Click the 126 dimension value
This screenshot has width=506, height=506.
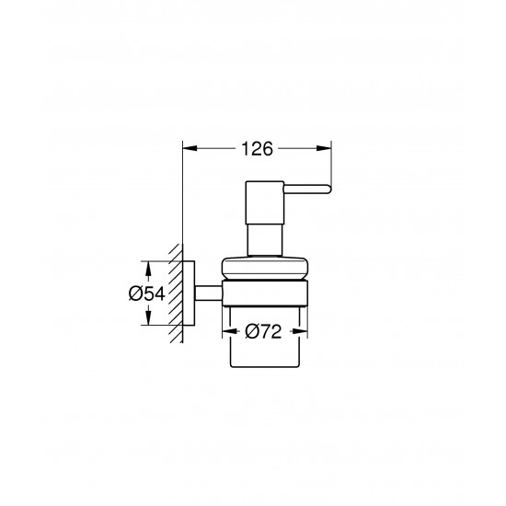click(x=257, y=145)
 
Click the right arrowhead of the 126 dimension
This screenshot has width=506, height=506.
click(x=326, y=145)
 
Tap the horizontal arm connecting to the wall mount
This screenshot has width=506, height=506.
click(x=207, y=293)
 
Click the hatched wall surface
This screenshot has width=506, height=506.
click(x=176, y=294)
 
